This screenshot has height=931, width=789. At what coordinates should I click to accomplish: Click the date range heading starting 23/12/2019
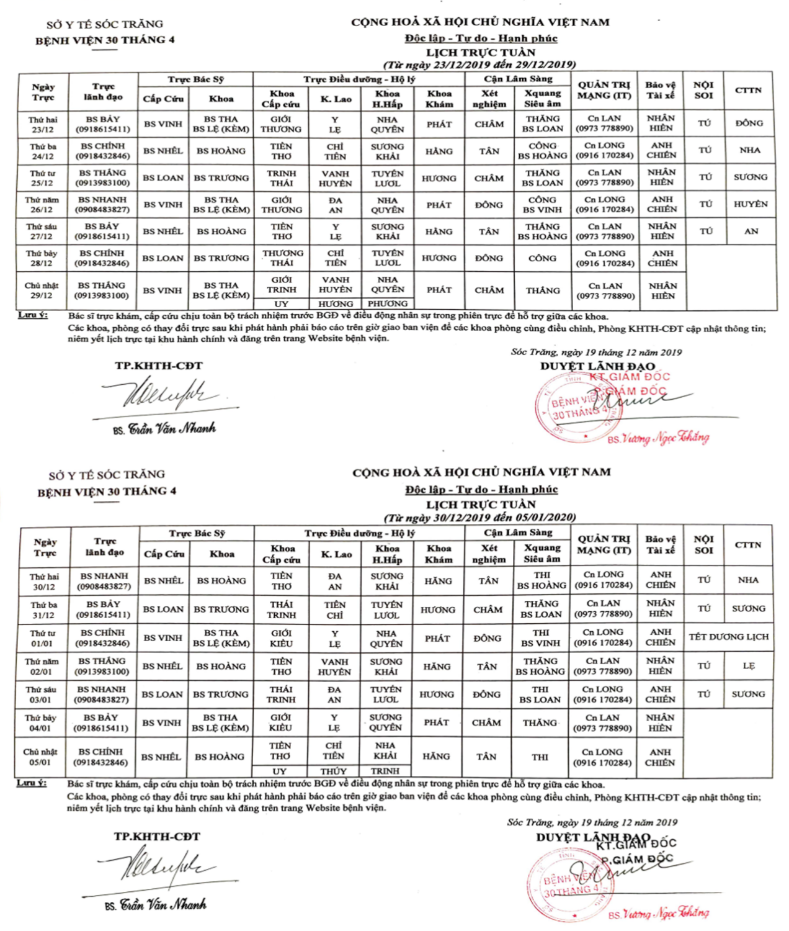click(x=479, y=65)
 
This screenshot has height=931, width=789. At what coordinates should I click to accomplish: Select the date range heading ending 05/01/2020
click(x=479, y=517)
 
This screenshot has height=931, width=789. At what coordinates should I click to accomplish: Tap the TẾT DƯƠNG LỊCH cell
click(x=728, y=637)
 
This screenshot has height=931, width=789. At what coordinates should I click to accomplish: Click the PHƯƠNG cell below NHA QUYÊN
click(x=388, y=304)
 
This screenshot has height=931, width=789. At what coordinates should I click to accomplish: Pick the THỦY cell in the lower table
click(x=334, y=771)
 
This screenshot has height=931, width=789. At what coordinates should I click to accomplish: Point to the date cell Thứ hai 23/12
click(x=43, y=124)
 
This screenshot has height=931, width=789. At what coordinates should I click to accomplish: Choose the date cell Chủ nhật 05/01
click(x=41, y=757)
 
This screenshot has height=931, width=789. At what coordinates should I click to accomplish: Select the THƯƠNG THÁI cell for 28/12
click(x=282, y=258)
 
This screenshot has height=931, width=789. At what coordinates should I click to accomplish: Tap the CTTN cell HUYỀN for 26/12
click(x=750, y=204)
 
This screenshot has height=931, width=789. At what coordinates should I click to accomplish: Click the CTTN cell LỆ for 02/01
click(x=749, y=666)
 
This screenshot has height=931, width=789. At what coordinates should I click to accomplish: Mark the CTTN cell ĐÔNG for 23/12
click(x=749, y=124)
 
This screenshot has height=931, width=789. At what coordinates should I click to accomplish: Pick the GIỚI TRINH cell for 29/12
click(x=282, y=285)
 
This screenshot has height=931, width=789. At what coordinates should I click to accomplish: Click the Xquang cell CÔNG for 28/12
click(x=542, y=258)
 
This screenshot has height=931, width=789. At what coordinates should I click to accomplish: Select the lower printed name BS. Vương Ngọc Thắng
click(x=658, y=913)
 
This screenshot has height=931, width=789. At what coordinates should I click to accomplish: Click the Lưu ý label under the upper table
click(x=32, y=315)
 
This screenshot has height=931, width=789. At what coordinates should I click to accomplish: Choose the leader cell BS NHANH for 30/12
click(x=104, y=581)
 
